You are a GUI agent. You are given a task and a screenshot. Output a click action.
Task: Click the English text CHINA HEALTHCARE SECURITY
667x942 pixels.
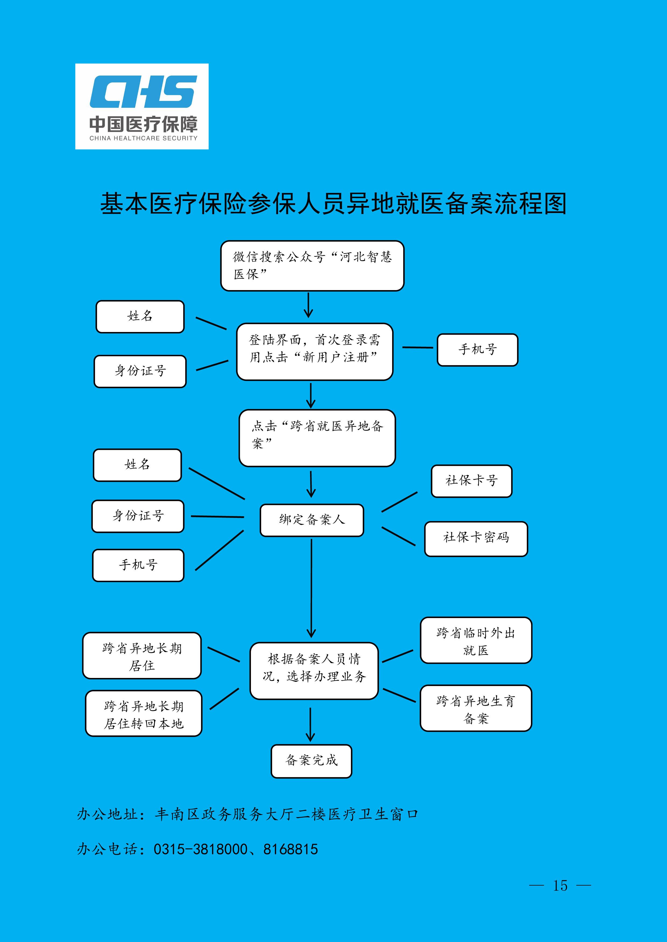click(143, 138)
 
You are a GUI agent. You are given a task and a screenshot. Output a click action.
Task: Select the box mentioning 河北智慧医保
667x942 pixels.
click(312, 266)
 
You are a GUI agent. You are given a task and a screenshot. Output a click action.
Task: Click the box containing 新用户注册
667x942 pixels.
click(315, 352)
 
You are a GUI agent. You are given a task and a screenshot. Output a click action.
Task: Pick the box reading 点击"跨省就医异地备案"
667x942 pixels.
click(317, 438)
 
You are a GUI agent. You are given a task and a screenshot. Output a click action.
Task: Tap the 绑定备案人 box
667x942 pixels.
click(312, 520)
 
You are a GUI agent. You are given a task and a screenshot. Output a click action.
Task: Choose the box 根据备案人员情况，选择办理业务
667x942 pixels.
click(314, 671)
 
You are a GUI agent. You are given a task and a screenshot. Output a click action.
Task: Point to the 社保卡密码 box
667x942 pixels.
click(476, 539)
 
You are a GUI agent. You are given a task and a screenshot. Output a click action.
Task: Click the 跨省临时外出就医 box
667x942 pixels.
click(476, 640)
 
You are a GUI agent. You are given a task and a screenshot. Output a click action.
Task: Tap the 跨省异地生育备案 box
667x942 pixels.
click(476, 708)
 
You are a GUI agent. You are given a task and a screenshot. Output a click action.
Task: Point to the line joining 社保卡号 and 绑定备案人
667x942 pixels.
click(400, 502)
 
